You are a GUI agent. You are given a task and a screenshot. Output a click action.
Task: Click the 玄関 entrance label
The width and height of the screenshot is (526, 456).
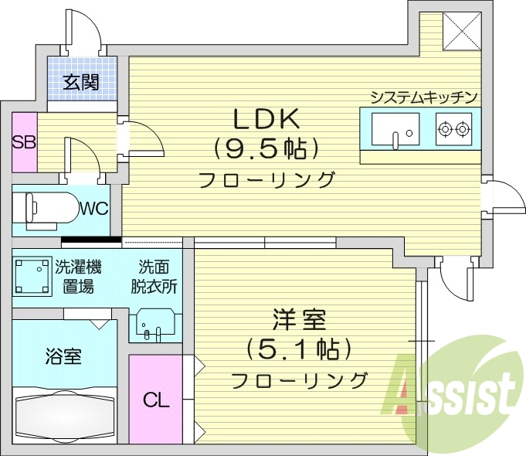(x=81, y=80)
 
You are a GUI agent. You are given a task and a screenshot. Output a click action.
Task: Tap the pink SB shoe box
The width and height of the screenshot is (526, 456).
(x=24, y=143)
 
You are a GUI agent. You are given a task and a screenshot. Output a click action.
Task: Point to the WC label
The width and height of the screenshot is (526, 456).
(x=93, y=208)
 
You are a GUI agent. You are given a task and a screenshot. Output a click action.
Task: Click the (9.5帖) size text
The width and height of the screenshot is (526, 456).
(x=266, y=147)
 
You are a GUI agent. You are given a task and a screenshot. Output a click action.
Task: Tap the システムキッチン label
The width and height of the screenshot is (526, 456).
(x=424, y=97)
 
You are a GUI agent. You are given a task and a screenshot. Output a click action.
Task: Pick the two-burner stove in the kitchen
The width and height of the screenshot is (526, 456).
(x=453, y=128)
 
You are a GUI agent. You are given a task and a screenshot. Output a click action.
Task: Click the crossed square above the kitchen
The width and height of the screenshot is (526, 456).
(x=463, y=30)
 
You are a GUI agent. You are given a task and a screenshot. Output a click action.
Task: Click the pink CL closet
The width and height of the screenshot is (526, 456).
(x=155, y=400)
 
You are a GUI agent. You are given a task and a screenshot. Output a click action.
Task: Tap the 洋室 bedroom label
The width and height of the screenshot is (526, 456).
(x=298, y=319)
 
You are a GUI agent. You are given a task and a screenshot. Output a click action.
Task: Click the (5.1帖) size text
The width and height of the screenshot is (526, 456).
(x=298, y=349)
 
